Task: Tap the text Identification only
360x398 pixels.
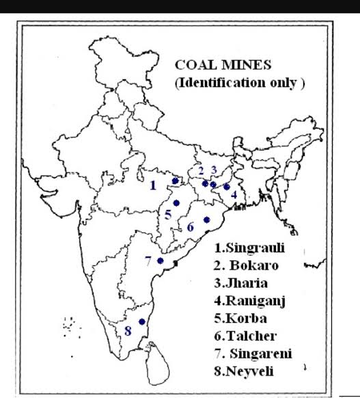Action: (x=239, y=83)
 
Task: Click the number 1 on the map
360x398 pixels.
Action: (x=153, y=185)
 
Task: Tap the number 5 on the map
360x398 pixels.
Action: (x=168, y=215)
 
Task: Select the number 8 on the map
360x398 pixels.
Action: (x=128, y=332)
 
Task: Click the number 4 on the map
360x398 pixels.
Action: (x=234, y=194)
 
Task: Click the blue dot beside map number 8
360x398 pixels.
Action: (x=141, y=322)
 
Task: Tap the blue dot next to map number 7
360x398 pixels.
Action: (x=160, y=260)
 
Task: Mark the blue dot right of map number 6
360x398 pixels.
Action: (x=206, y=220)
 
